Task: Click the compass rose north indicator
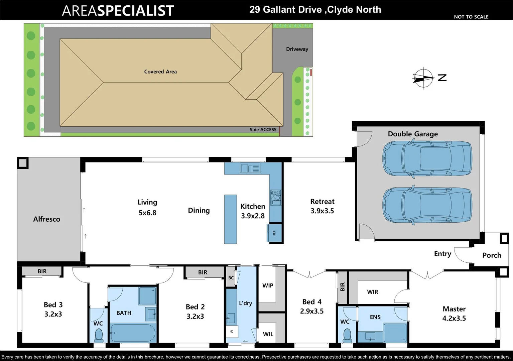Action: point(424,78)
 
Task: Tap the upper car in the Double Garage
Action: point(427,158)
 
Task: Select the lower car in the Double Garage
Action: point(427,205)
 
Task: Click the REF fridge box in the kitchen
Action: point(274,233)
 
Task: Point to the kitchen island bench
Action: point(230,219)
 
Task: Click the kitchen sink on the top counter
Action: point(250,168)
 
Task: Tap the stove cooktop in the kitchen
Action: point(276,197)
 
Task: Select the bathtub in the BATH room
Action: point(133,333)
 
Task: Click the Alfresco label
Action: point(47,219)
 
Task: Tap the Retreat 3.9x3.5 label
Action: point(322,206)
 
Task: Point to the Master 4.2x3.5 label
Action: point(454,314)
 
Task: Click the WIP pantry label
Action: point(268,285)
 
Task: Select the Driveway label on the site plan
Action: point(297,49)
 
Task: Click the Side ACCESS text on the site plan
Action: point(263,130)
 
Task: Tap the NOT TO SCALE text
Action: point(471,17)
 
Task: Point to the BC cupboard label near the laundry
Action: point(231,278)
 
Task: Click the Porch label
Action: point(492,255)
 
